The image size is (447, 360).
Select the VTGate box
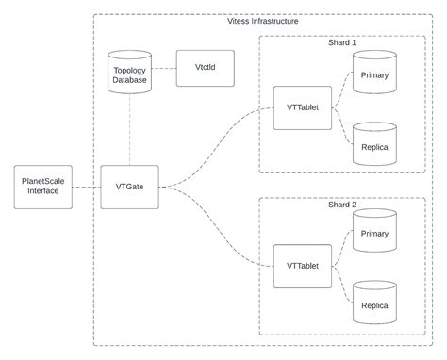click(x=128, y=186)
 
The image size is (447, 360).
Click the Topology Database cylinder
click(x=130, y=74)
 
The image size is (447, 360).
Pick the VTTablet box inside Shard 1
click(x=302, y=107)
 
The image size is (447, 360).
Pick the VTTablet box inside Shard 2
click(x=302, y=266)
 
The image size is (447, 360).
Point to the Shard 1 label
click(x=342, y=42)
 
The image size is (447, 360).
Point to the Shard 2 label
click(x=342, y=203)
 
